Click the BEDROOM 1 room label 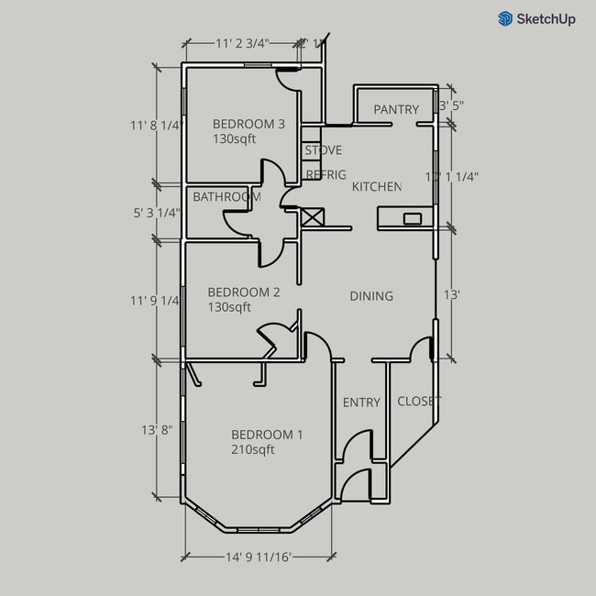(266, 435)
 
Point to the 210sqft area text (252, 449)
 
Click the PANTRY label (396, 110)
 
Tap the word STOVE (324, 150)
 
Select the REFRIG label (326, 175)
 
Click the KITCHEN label (377, 187)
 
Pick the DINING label (371, 296)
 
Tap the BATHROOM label (226, 197)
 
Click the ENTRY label (361, 403)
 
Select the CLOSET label (419, 402)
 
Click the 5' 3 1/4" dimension (156, 213)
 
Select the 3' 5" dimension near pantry (450, 105)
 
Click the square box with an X (313, 216)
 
